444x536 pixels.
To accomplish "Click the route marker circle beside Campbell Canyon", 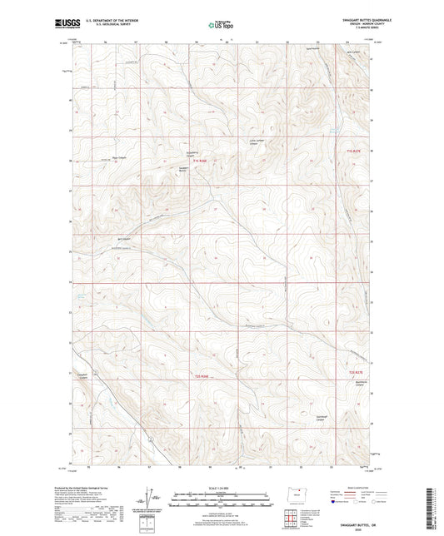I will click(x=96, y=372).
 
